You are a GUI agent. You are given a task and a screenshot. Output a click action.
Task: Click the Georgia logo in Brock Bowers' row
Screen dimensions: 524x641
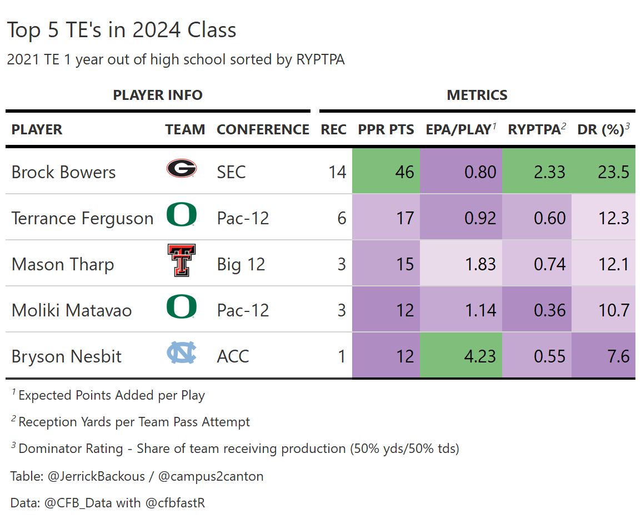182,168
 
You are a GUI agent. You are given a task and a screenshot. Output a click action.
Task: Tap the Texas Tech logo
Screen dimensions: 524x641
181,260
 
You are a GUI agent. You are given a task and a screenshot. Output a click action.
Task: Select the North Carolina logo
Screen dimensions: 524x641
182,353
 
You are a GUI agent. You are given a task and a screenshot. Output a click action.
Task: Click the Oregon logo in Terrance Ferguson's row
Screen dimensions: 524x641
182,215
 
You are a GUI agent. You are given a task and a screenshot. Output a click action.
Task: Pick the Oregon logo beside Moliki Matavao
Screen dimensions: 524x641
182,307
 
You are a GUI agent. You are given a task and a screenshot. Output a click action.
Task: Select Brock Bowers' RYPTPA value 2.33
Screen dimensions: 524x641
549,172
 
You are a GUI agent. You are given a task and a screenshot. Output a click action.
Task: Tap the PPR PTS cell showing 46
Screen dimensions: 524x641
404,172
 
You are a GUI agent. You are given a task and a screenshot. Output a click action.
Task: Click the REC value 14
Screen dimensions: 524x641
337,172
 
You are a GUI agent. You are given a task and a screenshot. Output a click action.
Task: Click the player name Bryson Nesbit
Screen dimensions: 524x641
67,356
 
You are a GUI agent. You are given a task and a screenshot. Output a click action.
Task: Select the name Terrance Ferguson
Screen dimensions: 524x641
82,218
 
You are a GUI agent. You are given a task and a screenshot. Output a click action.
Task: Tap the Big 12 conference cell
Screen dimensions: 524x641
241,264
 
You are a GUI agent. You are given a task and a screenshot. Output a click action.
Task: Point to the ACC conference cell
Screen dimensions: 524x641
233,356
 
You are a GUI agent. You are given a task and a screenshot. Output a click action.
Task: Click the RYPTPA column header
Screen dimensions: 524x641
534,129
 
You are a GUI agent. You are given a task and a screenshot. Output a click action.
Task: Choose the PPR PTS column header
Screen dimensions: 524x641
386,129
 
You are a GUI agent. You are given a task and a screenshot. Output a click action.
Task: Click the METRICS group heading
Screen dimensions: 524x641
477,95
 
